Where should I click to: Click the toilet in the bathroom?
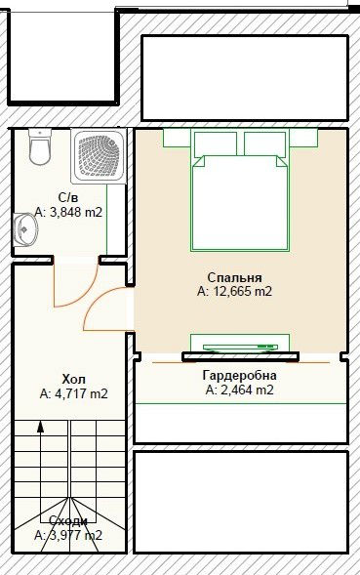tap(39, 146)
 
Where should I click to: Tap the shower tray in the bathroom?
tap(99, 156)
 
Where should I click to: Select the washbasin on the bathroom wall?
tap(25, 230)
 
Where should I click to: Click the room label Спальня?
tap(234, 277)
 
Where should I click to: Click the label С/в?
tap(68, 197)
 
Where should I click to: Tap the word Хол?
tap(74, 379)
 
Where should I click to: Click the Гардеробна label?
tap(240, 375)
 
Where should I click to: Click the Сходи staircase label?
tap(68, 520)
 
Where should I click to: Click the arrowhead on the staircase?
tap(40, 427)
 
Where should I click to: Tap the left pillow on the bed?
tap(216, 144)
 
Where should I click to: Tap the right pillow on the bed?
tap(264, 144)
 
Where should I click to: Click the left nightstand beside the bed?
tap(177, 138)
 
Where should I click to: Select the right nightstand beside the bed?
tap(304, 138)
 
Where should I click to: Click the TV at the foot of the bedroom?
tap(240, 347)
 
